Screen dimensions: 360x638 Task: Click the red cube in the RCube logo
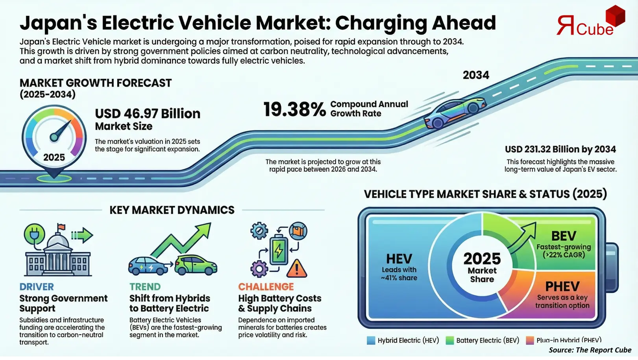coord(615,16)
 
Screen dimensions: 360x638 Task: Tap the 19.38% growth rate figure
coord(294,109)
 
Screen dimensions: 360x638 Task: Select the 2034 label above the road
coord(476,75)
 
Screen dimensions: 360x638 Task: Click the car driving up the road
coord(455,113)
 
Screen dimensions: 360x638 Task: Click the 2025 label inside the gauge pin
coord(54,157)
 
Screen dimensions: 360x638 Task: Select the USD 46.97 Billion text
coord(148,113)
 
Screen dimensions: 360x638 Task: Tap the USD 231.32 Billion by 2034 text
coord(560,149)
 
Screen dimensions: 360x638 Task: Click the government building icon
coord(58,254)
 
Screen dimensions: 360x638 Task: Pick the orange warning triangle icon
coord(296,269)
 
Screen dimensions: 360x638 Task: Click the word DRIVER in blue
coord(37,287)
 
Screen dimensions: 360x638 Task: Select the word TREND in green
coord(145,287)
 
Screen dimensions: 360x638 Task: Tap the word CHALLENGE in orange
coord(266,287)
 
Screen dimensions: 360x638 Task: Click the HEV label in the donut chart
coord(399,259)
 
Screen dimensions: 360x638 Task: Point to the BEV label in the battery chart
coord(564,236)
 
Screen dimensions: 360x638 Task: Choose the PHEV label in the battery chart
coord(562,286)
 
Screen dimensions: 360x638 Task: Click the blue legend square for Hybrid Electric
coord(371,340)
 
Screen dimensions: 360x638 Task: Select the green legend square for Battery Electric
coord(449,340)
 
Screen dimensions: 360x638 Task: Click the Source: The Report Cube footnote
coord(590,350)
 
